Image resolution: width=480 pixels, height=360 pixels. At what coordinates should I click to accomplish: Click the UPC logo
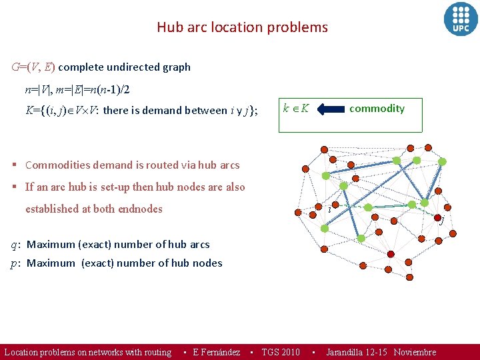point(461,18)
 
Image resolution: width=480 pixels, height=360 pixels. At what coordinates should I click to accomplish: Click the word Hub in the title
point(168,27)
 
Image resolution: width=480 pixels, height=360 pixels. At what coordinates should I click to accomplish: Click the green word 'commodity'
point(377,108)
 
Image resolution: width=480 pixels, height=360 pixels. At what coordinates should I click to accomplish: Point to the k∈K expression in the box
point(295,108)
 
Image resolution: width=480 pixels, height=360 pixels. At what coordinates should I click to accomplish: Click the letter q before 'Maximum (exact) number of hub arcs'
point(15,245)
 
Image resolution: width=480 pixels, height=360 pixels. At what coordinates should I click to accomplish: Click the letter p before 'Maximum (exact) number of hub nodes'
point(15,263)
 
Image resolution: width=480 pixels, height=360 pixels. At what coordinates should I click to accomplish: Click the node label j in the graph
point(441,220)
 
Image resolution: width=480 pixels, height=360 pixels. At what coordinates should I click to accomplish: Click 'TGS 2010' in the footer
point(281,352)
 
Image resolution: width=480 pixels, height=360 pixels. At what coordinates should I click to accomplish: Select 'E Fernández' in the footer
point(216,352)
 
